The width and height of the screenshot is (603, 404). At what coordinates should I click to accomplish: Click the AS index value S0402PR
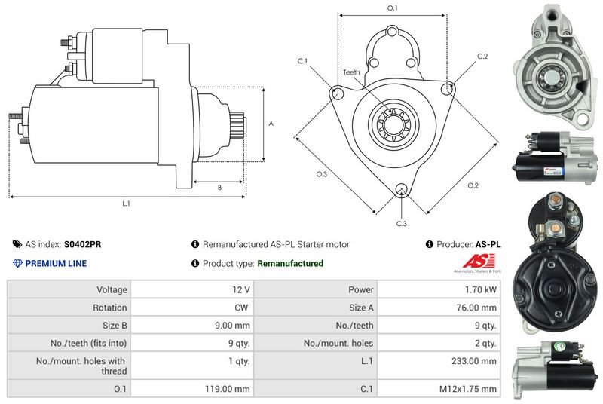[84, 244]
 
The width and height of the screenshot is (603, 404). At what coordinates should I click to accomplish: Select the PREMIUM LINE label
[56, 263]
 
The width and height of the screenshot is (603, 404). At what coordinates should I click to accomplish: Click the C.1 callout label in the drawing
[302, 60]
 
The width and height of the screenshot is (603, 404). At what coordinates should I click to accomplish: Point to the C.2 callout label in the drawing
[482, 57]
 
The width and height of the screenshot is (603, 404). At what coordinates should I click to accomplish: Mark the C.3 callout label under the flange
[402, 224]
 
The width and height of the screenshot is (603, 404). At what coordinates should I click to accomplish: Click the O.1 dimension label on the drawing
[392, 8]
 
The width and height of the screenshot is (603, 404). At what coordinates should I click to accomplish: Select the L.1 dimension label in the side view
[127, 204]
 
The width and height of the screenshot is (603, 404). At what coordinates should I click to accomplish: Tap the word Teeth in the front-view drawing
[351, 72]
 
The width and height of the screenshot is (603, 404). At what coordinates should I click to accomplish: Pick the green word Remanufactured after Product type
[290, 263]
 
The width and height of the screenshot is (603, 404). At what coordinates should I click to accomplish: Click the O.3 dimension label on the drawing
[321, 174]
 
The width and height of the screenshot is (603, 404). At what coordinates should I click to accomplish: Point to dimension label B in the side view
[219, 187]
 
